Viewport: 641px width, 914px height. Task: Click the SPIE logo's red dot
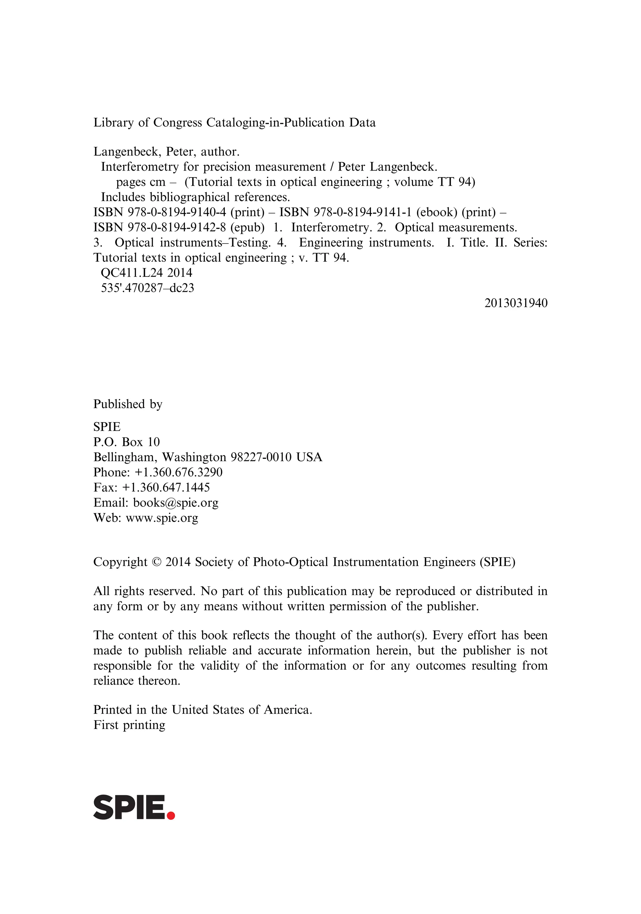pyautogui.click(x=171, y=815)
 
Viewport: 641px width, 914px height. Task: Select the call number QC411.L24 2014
pyautogui.click(x=146, y=273)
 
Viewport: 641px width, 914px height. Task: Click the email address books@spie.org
pyautogui.click(x=176, y=503)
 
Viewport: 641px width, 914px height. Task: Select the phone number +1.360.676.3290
pyautogui.click(x=178, y=473)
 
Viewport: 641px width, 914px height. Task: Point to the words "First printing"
pyautogui.click(x=129, y=725)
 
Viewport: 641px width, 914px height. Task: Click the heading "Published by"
pyautogui.click(x=128, y=404)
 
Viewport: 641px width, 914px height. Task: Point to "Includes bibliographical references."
pyautogui.click(x=195, y=197)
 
